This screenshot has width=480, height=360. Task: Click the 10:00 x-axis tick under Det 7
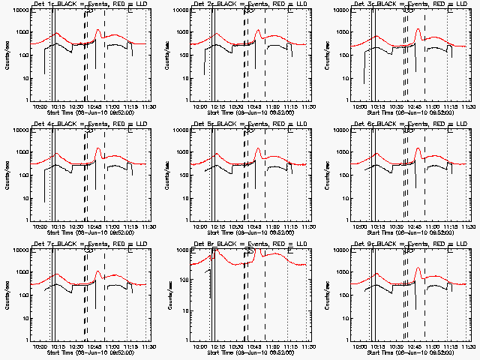pyautogui.click(x=39, y=346)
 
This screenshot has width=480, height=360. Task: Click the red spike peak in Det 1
pyautogui.click(x=98, y=28)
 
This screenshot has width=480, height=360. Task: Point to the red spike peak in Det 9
pyautogui.click(x=418, y=268)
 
